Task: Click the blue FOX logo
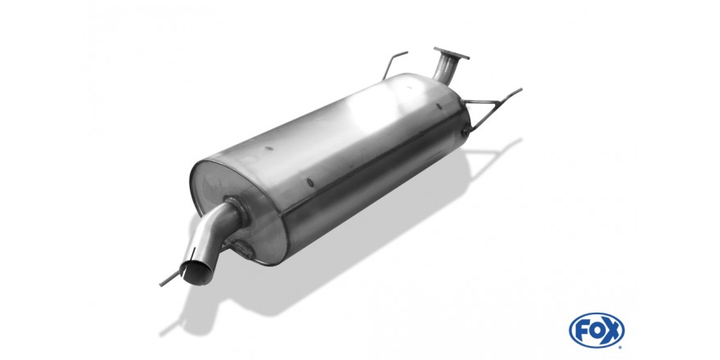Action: [596, 331]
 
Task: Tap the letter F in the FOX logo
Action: [583, 331]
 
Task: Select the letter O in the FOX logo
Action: [596, 331]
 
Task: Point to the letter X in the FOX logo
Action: [611, 331]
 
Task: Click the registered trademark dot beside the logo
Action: [621, 346]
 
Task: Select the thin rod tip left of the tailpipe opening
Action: [162, 285]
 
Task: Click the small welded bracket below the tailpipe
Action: [243, 249]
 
